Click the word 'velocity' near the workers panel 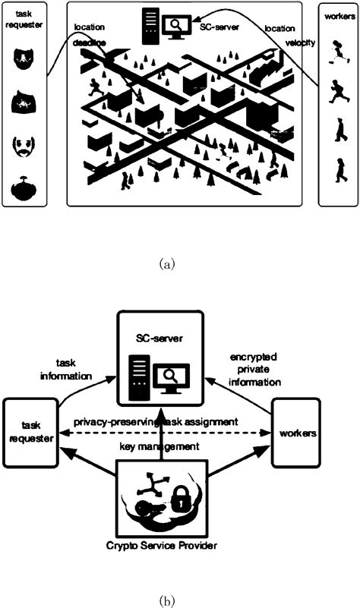(300, 42)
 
